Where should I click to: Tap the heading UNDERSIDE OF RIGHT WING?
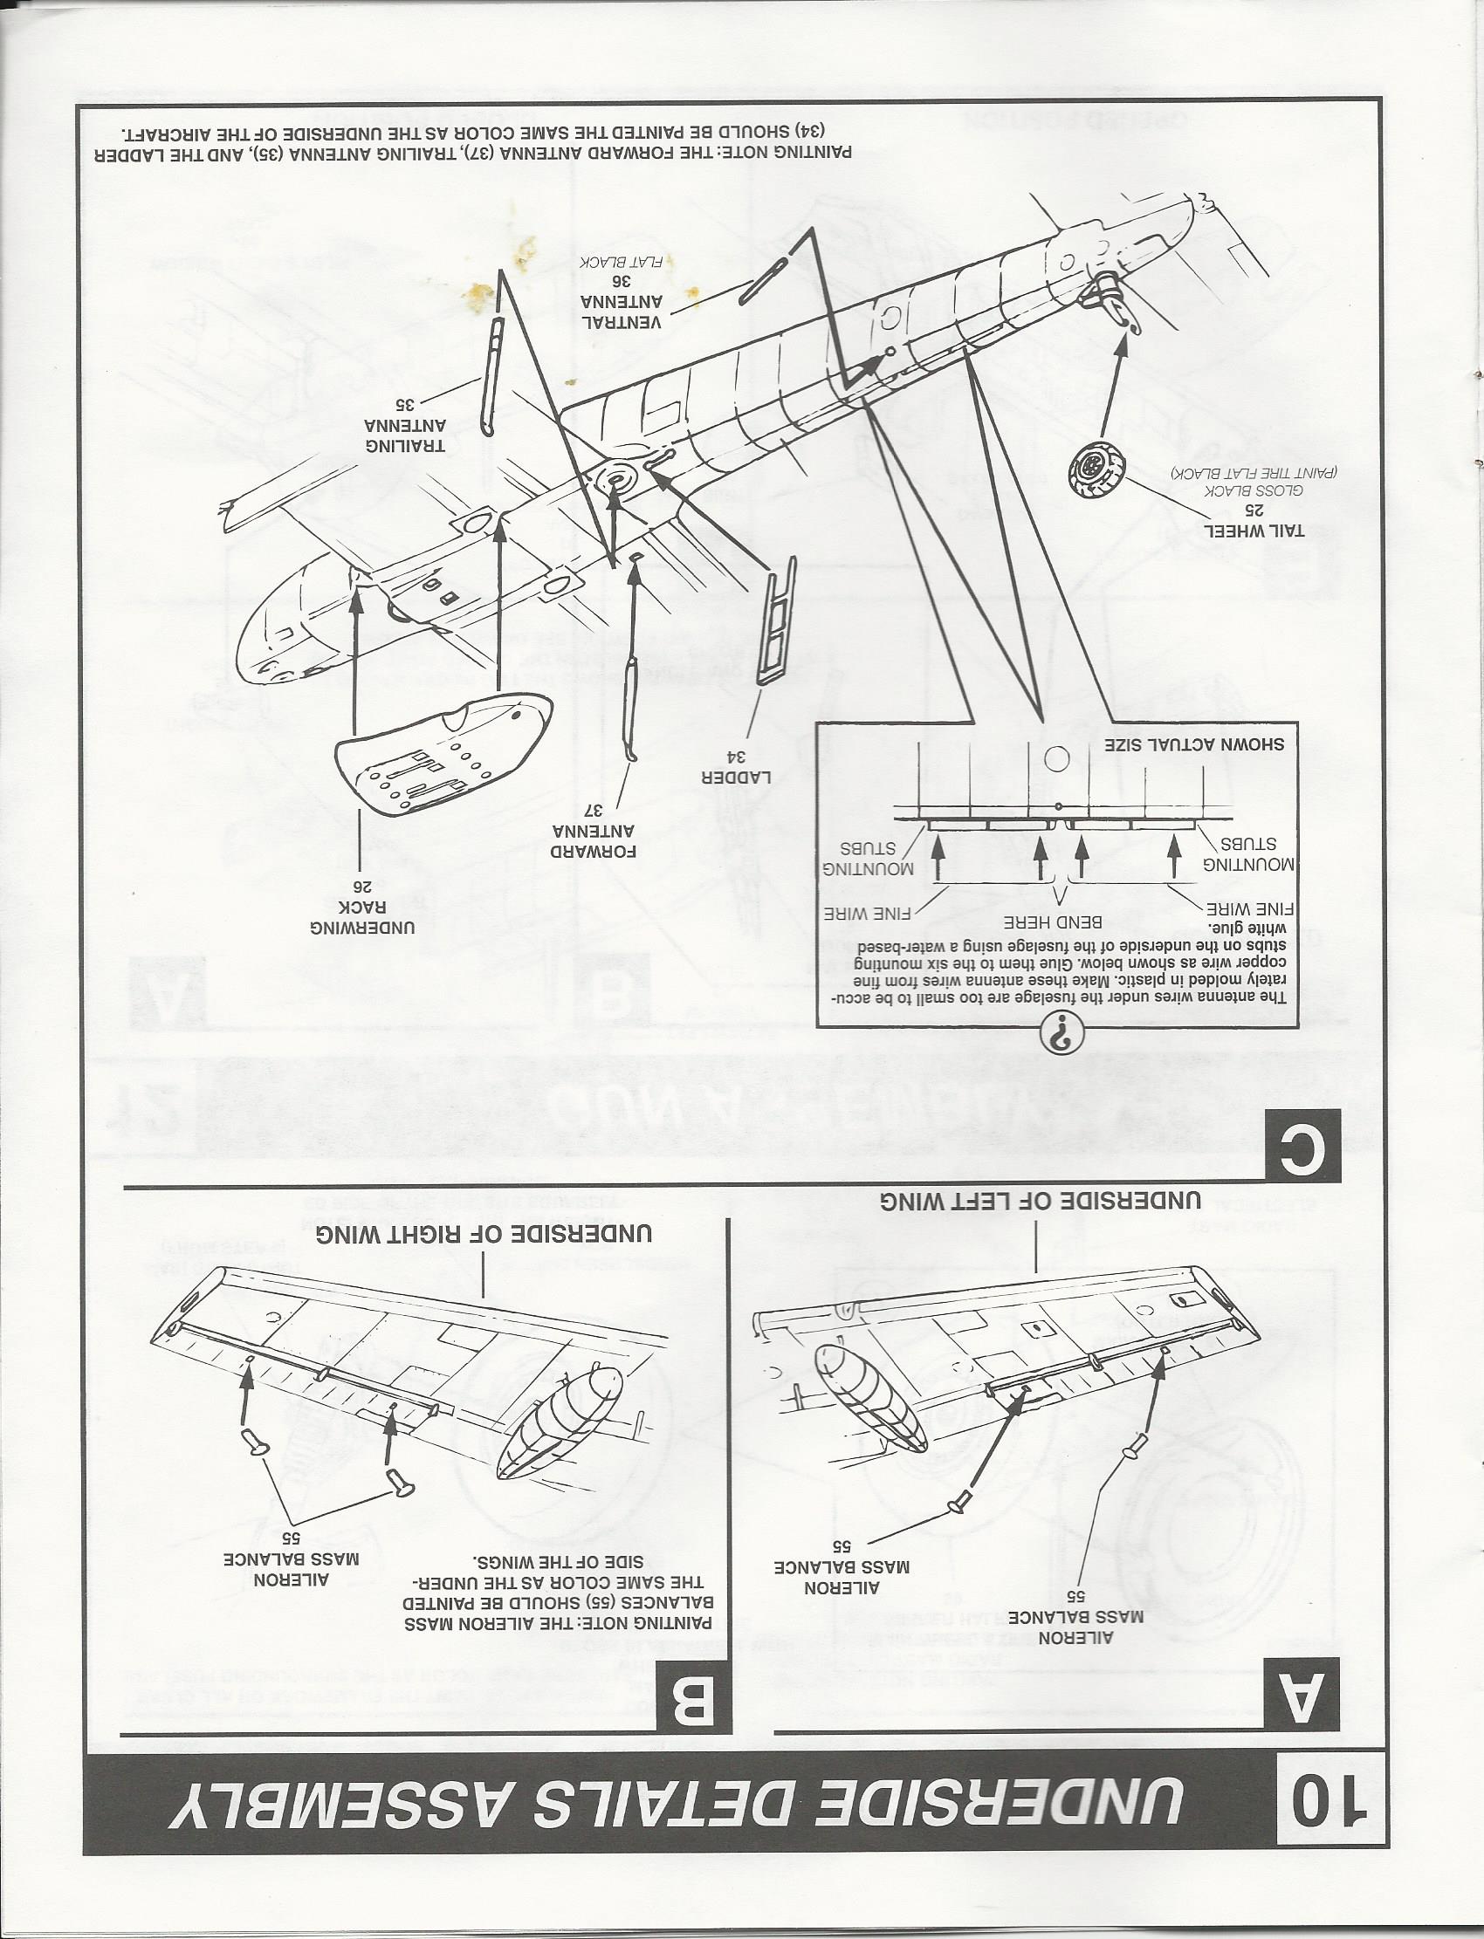(484, 1233)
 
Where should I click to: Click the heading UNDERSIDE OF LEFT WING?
(1040, 1202)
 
